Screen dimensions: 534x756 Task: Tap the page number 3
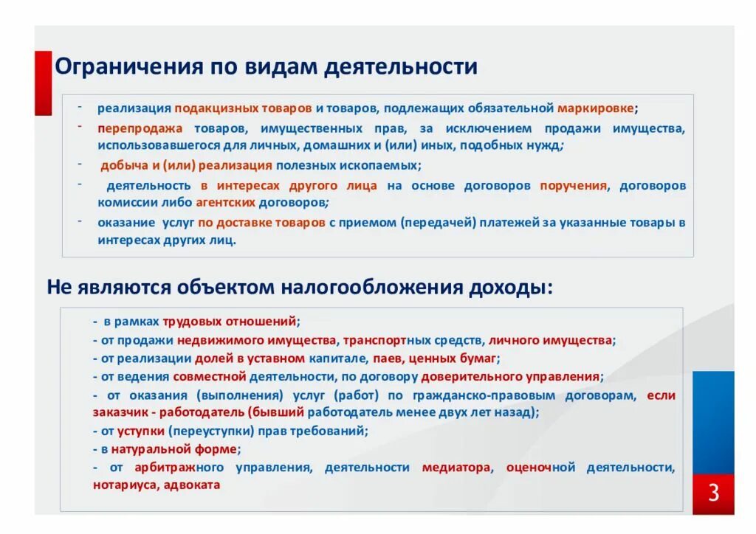[x=713, y=493]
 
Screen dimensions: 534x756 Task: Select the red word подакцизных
[x=211, y=108]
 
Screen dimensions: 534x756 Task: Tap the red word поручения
[x=573, y=185]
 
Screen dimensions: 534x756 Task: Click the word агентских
[x=226, y=202]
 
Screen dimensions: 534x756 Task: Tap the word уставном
[x=278, y=359]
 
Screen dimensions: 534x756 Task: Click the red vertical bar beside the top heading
[x=44, y=83]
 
